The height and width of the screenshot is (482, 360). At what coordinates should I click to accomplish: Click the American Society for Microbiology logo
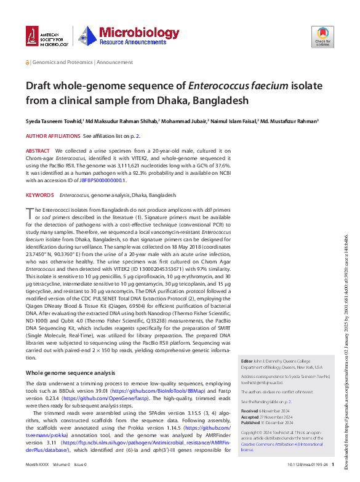(x=47, y=38)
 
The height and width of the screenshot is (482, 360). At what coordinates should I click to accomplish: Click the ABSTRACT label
(x=38, y=151)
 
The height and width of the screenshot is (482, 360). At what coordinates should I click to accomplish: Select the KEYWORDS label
(x=39, y=195)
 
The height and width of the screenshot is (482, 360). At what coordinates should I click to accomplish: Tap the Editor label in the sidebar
(x=246, y=361)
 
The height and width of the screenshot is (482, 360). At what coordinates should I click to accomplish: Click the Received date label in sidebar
(x=250, y=410)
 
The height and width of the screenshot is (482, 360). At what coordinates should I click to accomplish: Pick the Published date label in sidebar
(x=251, y=422)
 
